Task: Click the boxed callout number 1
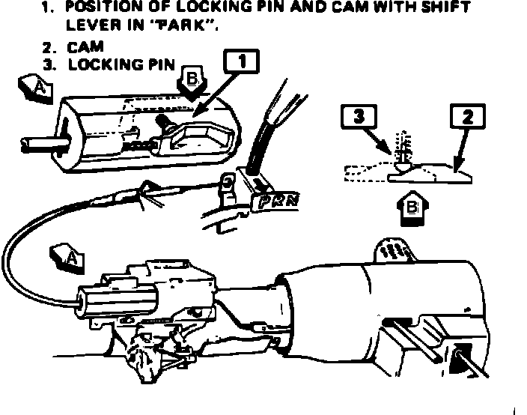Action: click(243, 61)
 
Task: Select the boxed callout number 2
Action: click(467, 116)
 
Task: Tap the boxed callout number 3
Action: click(358, 116)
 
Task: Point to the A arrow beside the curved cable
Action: click(68, 257)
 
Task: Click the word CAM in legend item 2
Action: click(88, 47)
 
